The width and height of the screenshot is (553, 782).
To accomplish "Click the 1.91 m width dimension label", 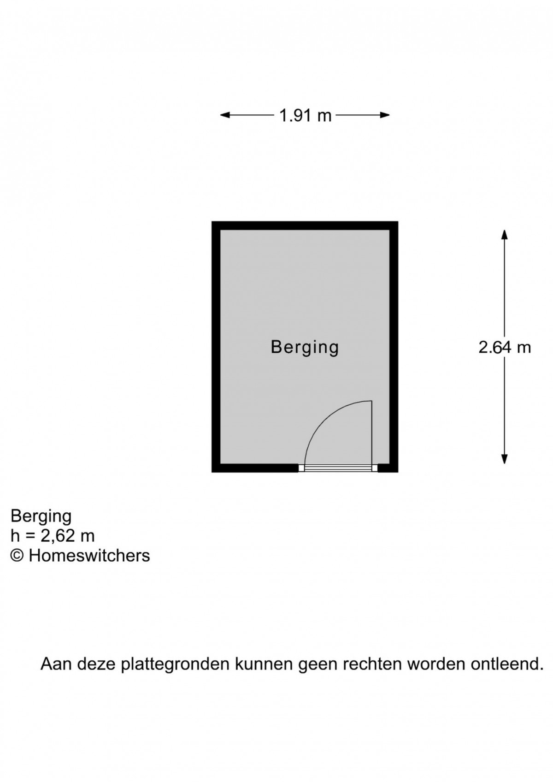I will click(305, 115).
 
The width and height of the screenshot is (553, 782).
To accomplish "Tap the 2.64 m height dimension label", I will click(505, 347).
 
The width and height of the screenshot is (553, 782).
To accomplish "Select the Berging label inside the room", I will click(305, 347).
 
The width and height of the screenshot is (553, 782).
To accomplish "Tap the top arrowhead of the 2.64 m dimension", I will click(505, 235).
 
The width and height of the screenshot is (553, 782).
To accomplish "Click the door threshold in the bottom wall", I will click(338, 468).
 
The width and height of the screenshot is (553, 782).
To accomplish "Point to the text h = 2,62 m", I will click(53, 535).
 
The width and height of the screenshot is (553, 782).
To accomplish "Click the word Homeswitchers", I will click(89, 555).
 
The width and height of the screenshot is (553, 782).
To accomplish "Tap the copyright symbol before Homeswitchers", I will click(17, 555).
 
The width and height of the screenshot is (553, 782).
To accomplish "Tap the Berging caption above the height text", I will click(41, 515).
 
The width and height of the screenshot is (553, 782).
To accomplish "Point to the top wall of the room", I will click(305, 225).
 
